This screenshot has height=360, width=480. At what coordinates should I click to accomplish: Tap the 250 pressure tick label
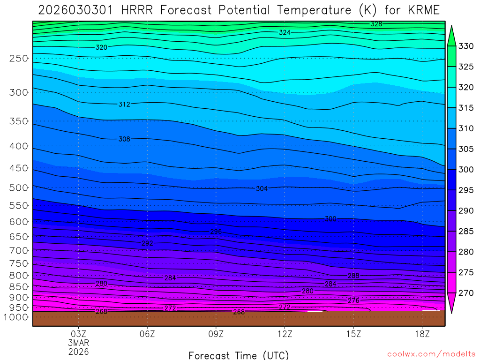tap(19, 59)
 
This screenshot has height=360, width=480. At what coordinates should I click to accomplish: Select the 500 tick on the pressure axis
tap(19, 187)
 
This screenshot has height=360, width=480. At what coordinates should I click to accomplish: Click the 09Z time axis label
tap(216, 334)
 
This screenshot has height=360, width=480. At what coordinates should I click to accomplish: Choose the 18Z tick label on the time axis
tap(422, 334)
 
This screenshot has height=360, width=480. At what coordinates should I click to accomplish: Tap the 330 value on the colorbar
tap(466, 46)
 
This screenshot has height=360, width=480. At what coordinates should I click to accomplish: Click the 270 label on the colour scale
tap(466, 293)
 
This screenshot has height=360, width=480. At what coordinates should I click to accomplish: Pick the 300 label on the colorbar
tap(466, 169)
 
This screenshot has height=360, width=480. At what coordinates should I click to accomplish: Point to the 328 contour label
tap(376, 24)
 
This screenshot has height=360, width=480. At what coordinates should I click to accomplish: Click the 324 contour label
tap(285, 32)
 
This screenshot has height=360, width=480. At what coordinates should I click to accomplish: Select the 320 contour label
tap(101, 47)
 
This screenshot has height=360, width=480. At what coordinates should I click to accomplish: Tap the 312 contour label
tap(124, 104)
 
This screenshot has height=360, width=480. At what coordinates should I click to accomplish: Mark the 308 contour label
tap(124, 139)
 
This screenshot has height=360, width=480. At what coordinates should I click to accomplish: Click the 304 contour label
tap(262, 188)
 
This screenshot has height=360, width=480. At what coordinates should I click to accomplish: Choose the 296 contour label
tap(216, 232)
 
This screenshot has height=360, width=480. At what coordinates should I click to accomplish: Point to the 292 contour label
tap(147, 243)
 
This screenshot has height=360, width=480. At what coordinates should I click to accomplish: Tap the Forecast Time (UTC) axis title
tap(239, 355)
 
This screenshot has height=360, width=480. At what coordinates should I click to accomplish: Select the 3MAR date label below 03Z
tap(78, 343)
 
